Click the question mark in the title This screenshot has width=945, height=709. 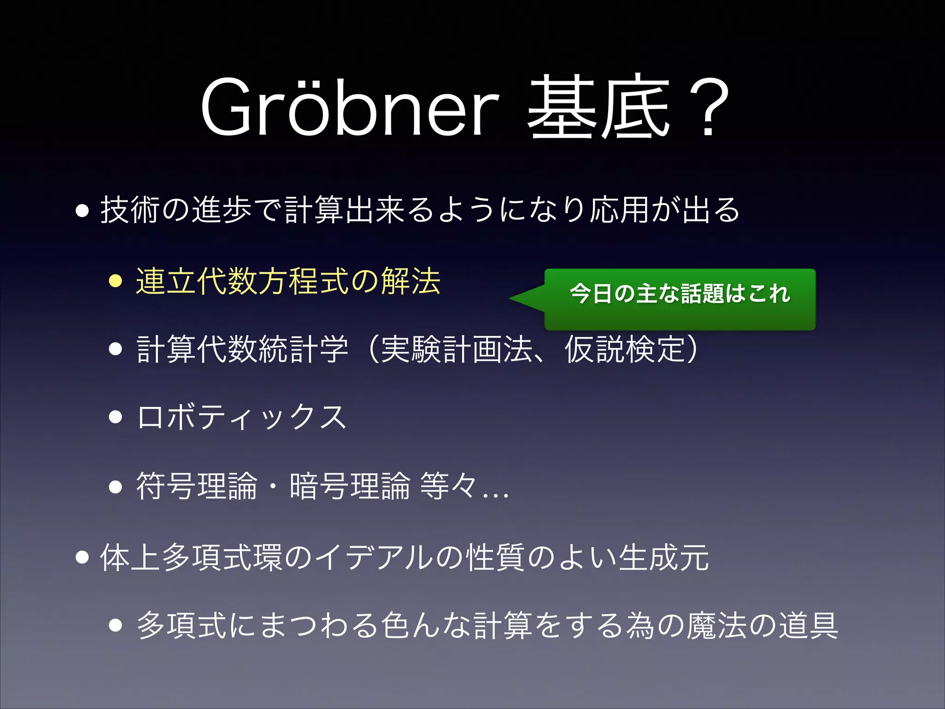(x=708, y=109)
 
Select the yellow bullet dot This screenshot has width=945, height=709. (x=115, y=281)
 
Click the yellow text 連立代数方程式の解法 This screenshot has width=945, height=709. (x=288, y=281)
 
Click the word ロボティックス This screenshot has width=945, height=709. (x=242, y=417)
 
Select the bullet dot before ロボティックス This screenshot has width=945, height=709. (x=115, y=417)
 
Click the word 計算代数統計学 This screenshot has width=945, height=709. (x=243, y=349)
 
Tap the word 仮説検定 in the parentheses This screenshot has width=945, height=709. (x=625, y=349)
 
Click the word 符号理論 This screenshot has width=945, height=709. (x=196, y=486)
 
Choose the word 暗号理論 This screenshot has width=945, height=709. (x=350, y=486)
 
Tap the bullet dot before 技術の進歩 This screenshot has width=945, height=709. (x=82, y=210)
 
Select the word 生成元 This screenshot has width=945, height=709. (x=664, y=557)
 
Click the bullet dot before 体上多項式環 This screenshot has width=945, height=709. (x=82, y=557)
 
